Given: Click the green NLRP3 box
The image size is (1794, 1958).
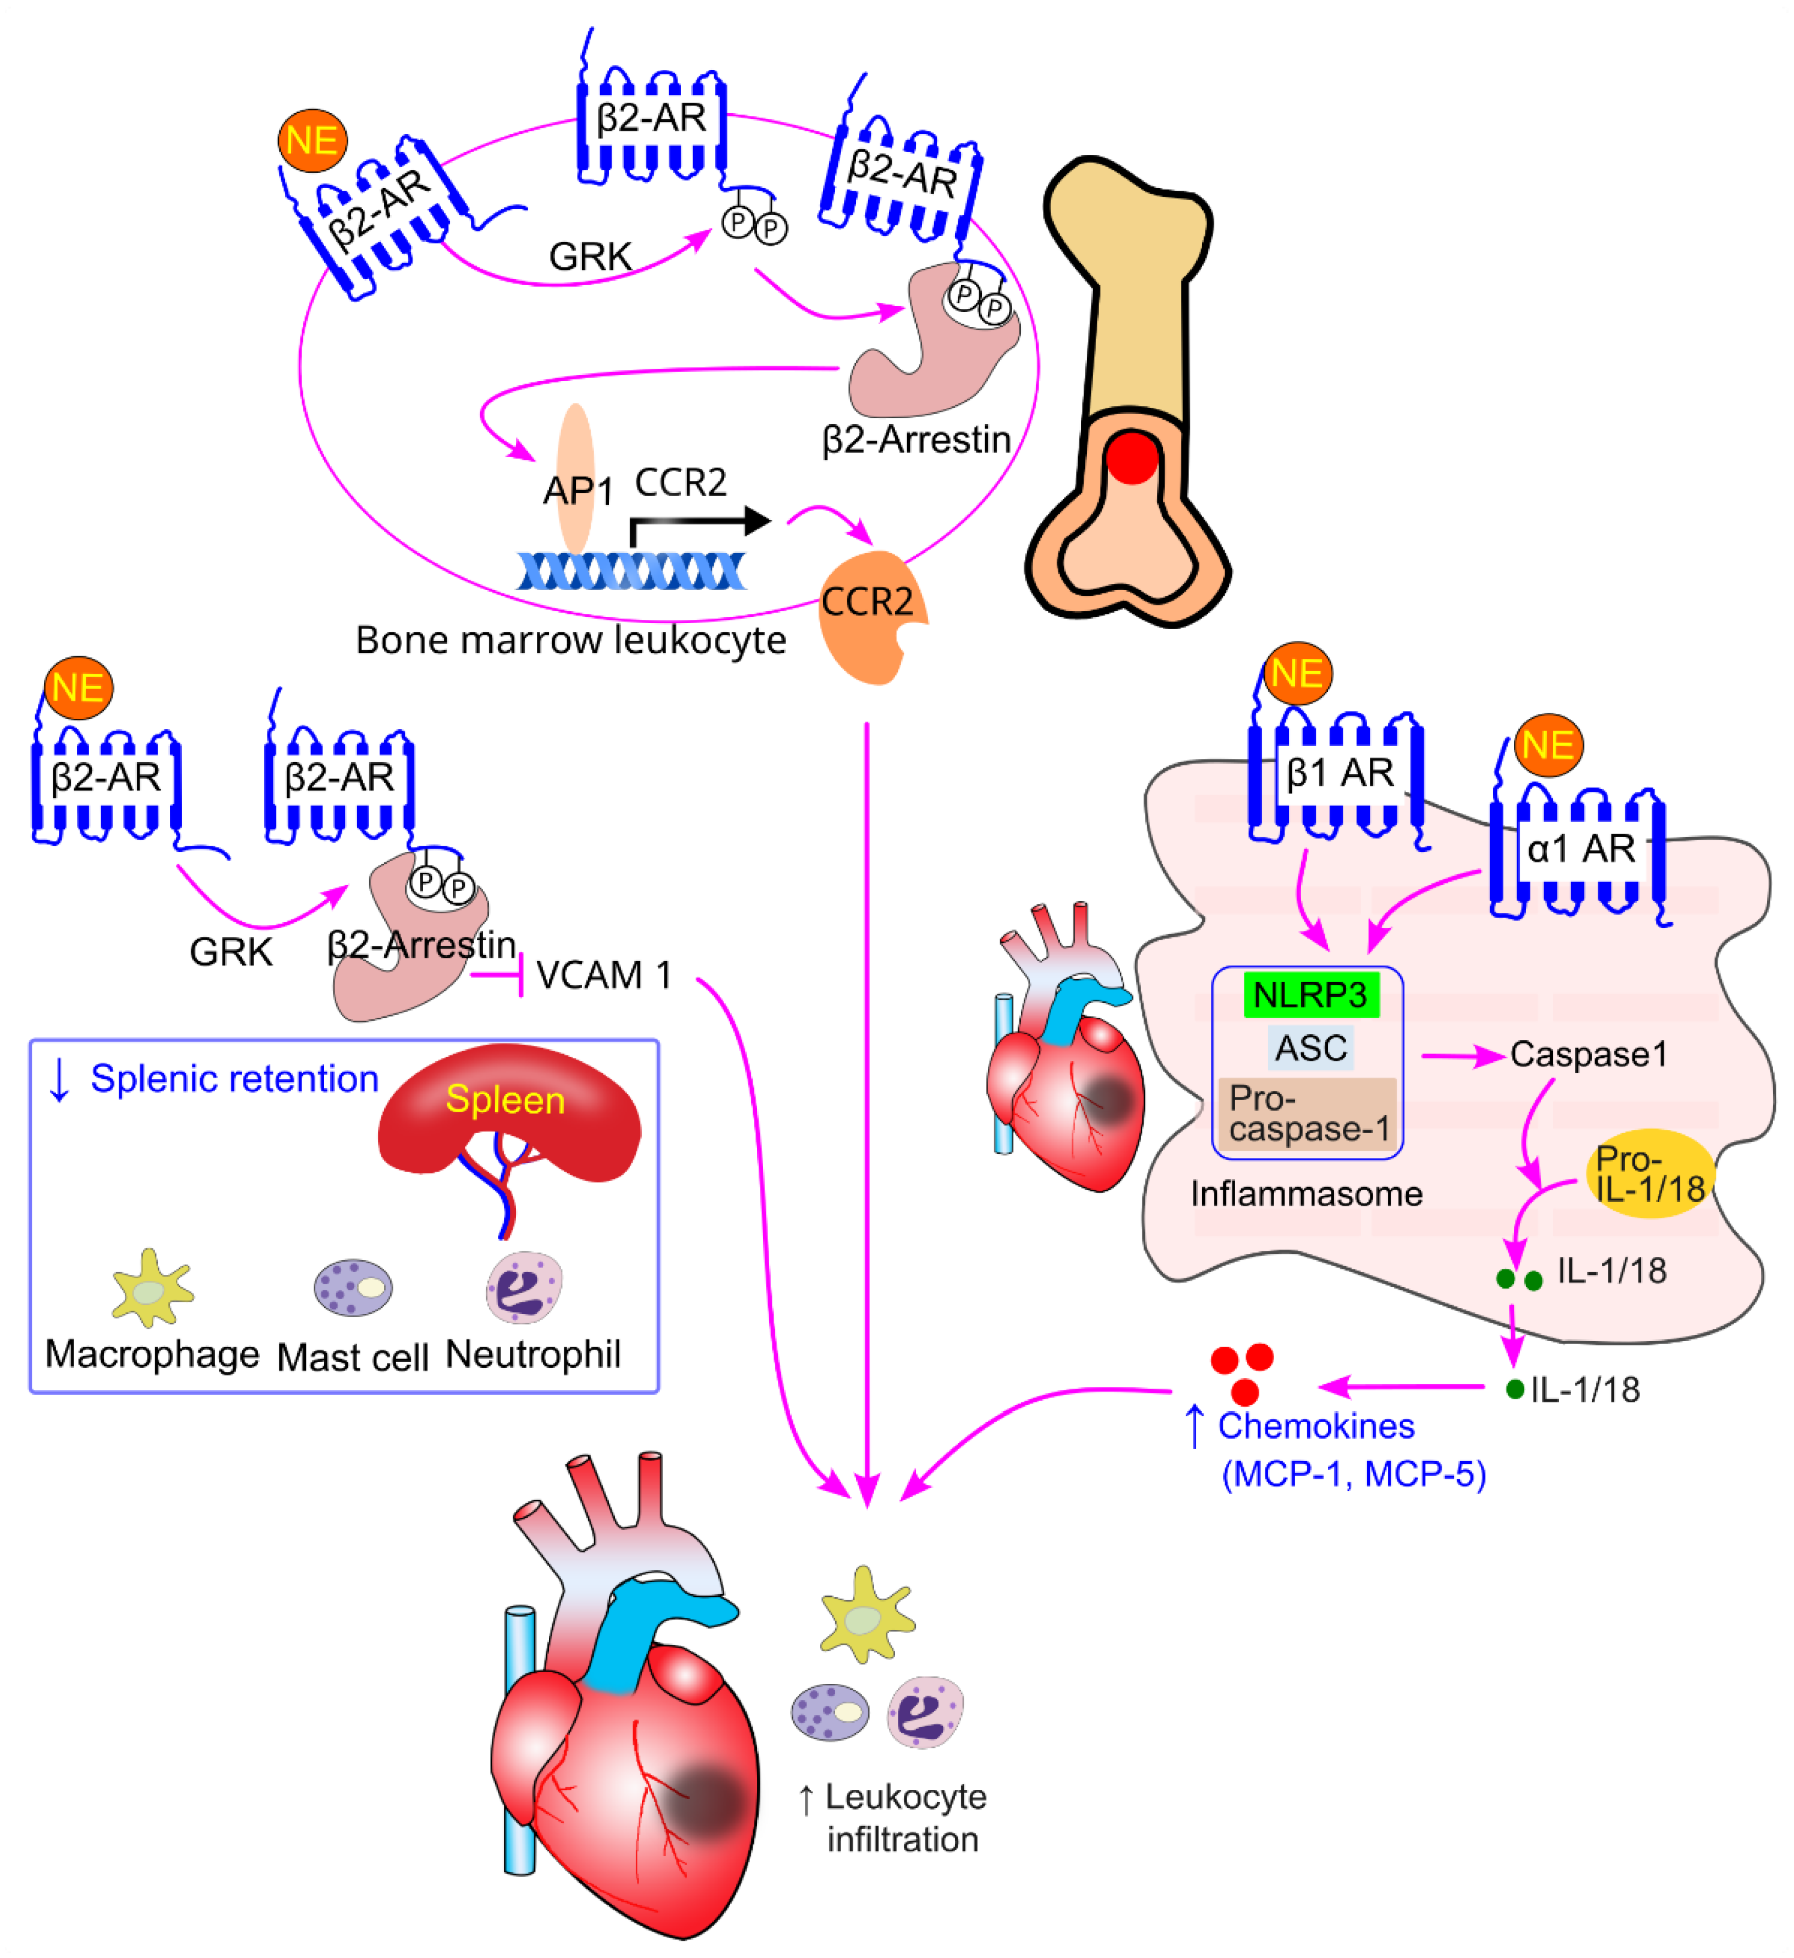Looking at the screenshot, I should coord(1311,996).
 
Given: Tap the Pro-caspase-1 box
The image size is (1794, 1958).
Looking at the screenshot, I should coord(1307,1114).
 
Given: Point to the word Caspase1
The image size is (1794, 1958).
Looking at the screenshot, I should coord(1588,1055).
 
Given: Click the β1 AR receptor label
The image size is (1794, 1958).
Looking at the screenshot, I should coord(1340,774).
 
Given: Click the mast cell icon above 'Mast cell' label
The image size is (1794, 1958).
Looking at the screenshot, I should coord(353,1288).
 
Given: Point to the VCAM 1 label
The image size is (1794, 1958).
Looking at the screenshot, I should coord(603,975).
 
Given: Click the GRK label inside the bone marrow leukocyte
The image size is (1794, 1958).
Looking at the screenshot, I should coord(590,257).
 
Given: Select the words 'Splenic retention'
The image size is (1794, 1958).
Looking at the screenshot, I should coord(234,1079).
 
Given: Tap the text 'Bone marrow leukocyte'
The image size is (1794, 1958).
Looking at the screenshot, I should coord(570,641).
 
